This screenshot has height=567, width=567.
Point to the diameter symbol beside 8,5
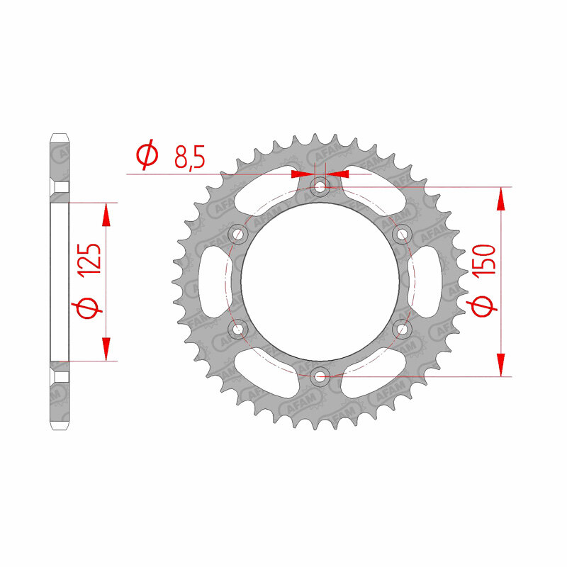(x=147, y=155)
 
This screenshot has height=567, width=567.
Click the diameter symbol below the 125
(x=89, y=309)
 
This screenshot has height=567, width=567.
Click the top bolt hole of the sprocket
(x=320, y=187)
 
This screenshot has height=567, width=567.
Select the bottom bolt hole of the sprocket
(x=320, y=376)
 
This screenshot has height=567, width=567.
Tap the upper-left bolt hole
(x=237, y=235)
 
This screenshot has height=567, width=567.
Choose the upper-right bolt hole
(x=402, y=235)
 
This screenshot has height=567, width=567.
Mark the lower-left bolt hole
(x=237, y=328)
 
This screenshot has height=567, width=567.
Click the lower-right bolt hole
(x=402, y=328)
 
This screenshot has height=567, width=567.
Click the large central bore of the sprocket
(x=320, y=281)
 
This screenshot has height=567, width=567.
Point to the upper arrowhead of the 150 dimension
(x=501, y=198)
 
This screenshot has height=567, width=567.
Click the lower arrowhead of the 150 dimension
(x=501, y=364)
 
